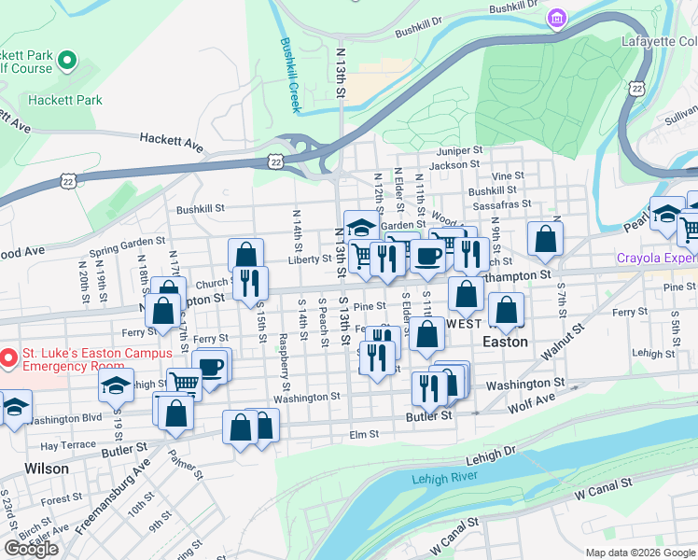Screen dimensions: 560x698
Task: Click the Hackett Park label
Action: point(64,99)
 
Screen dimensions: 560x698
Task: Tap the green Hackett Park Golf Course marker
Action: point(67,62)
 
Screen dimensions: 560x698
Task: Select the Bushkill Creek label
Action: point(290,75)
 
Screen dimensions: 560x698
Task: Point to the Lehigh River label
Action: point(444,478)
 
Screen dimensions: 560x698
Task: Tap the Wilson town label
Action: point(46,468)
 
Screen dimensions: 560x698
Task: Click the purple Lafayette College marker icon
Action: point(557,19)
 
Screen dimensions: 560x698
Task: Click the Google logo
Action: point(31,549)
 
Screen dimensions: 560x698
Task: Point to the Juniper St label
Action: point(458,150)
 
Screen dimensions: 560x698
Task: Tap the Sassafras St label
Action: point(501,203)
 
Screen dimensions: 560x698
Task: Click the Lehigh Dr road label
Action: point(490,453)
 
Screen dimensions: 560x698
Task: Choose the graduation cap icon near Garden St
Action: point(361,225)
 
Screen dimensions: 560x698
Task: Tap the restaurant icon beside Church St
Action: point(250,282)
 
